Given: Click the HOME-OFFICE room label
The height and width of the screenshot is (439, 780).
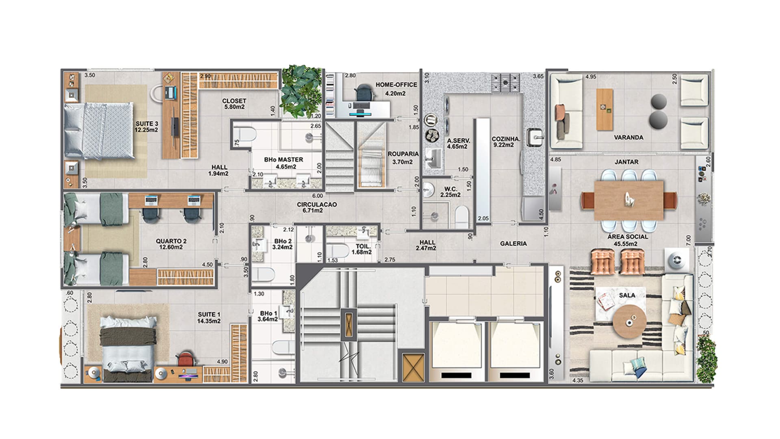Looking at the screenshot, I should [396, 85].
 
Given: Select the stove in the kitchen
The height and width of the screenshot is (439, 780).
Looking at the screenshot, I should [505, 83].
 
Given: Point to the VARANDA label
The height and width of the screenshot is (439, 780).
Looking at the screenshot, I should [628, 138].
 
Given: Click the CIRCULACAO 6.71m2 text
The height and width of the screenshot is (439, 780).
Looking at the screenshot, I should [316, 207].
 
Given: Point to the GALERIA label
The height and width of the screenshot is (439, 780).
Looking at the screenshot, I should [513, 244].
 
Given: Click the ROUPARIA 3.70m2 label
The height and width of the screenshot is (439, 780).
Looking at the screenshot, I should [403, 158].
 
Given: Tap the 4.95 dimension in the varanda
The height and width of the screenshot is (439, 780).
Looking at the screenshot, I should [591, 77].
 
